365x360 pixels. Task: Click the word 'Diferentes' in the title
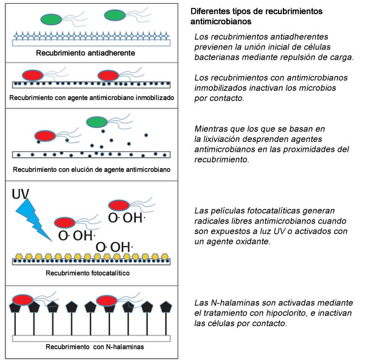click(x=210, y=12)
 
